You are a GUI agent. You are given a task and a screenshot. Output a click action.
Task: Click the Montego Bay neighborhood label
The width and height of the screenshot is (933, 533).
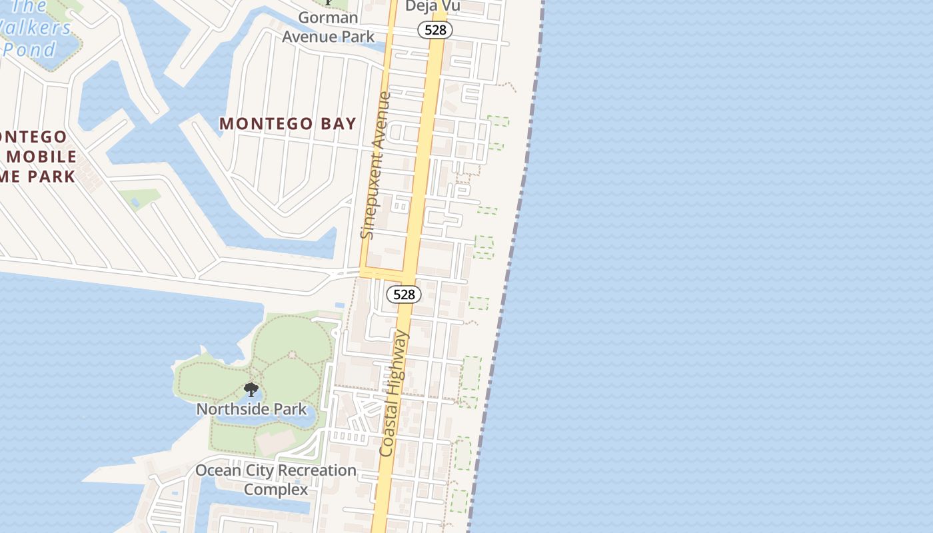[288, 124]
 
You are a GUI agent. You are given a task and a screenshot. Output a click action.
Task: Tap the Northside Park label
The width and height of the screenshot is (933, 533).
[251, 409]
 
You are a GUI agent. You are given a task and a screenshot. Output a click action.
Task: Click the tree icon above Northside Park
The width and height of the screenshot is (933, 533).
[251, 390]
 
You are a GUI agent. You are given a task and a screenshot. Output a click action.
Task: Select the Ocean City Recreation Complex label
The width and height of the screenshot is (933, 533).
[276, 480]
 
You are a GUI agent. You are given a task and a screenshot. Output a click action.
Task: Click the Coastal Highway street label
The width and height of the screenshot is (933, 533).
[394, 394]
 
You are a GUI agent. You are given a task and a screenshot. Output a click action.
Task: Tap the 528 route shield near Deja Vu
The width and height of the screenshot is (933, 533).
[435, 29]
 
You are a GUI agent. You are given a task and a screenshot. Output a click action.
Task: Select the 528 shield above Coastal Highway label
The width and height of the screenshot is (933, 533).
[404, 294]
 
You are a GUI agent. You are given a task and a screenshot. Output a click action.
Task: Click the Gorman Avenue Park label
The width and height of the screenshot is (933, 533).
[328, 27]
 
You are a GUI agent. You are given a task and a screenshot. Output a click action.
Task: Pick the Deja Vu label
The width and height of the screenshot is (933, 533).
[433, 6]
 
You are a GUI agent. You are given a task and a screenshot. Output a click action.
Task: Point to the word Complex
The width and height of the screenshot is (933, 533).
[276, 490]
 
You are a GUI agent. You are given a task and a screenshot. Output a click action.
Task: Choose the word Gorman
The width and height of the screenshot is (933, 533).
[328, 17]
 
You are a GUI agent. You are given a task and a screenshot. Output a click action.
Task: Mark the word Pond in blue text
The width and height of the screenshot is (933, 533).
[29, 50]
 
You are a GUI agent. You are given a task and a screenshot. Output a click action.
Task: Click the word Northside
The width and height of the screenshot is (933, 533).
[229, 409]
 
